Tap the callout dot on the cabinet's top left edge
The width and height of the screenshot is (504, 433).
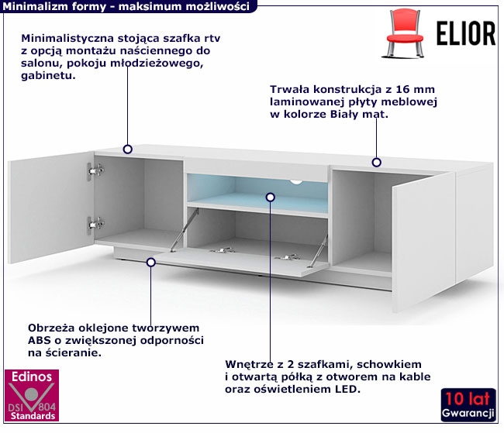click(128, 149)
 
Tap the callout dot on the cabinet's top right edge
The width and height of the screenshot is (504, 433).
click(377, 163)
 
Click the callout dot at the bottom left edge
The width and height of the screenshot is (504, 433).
click(151, 263)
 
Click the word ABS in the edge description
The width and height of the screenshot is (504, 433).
click(40, 341)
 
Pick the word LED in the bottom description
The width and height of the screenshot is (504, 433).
click(348, 389)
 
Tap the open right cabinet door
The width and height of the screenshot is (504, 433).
click(423, 232)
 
